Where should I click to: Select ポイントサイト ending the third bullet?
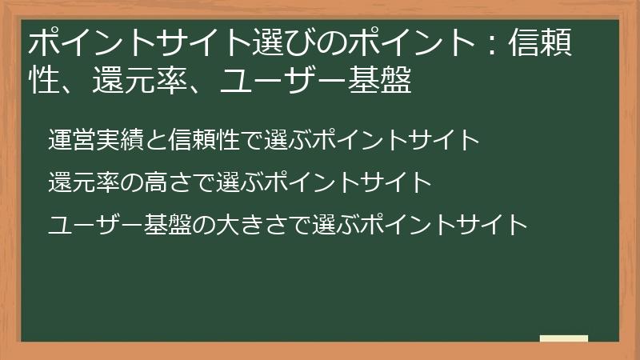443,225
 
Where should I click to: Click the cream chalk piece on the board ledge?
563,338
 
